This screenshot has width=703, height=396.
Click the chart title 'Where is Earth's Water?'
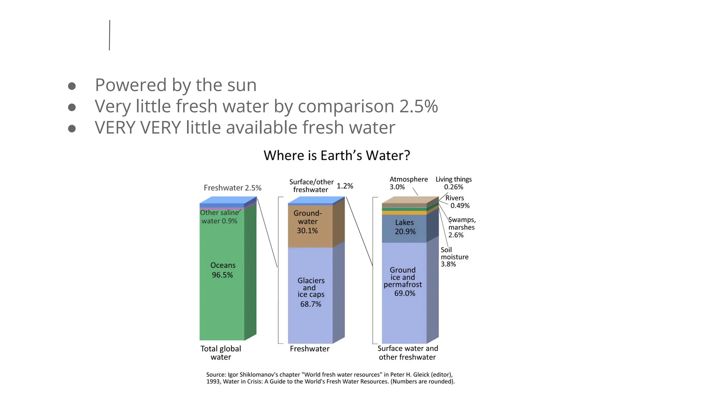click(337, 155)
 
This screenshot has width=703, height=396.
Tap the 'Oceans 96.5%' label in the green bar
click(222, 270)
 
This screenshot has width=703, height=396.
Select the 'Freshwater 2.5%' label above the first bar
click(232, 188)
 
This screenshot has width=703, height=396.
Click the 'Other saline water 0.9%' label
click(219, 217)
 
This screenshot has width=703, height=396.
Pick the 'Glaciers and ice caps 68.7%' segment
click(311, 292)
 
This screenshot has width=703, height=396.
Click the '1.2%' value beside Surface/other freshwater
click(345, 186)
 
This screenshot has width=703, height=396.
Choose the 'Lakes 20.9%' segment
click(405, 227)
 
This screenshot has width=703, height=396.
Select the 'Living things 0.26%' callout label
click(453, 183)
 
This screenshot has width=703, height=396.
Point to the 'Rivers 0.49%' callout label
click(457, 202)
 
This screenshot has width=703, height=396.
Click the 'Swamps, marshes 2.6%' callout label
click(462, 227)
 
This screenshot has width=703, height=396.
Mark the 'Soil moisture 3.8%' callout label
click(454, 257)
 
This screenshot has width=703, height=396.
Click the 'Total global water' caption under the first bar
click(221, 353)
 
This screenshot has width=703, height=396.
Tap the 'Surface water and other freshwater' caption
click(407, 353)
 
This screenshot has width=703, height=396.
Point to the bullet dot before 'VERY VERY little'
click(72, 129)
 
